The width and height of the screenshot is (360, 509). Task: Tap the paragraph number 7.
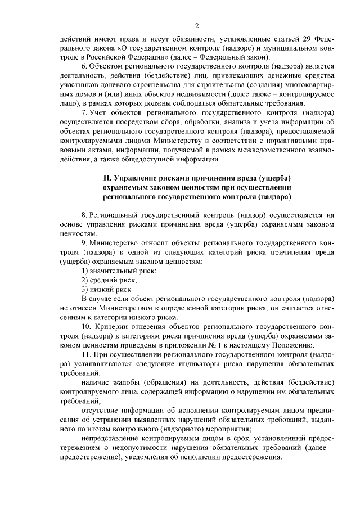[84, 112]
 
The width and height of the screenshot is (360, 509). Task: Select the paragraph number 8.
[84, 215]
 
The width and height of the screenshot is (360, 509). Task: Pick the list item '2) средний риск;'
[109, 280]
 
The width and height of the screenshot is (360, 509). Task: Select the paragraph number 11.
[86, 354]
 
